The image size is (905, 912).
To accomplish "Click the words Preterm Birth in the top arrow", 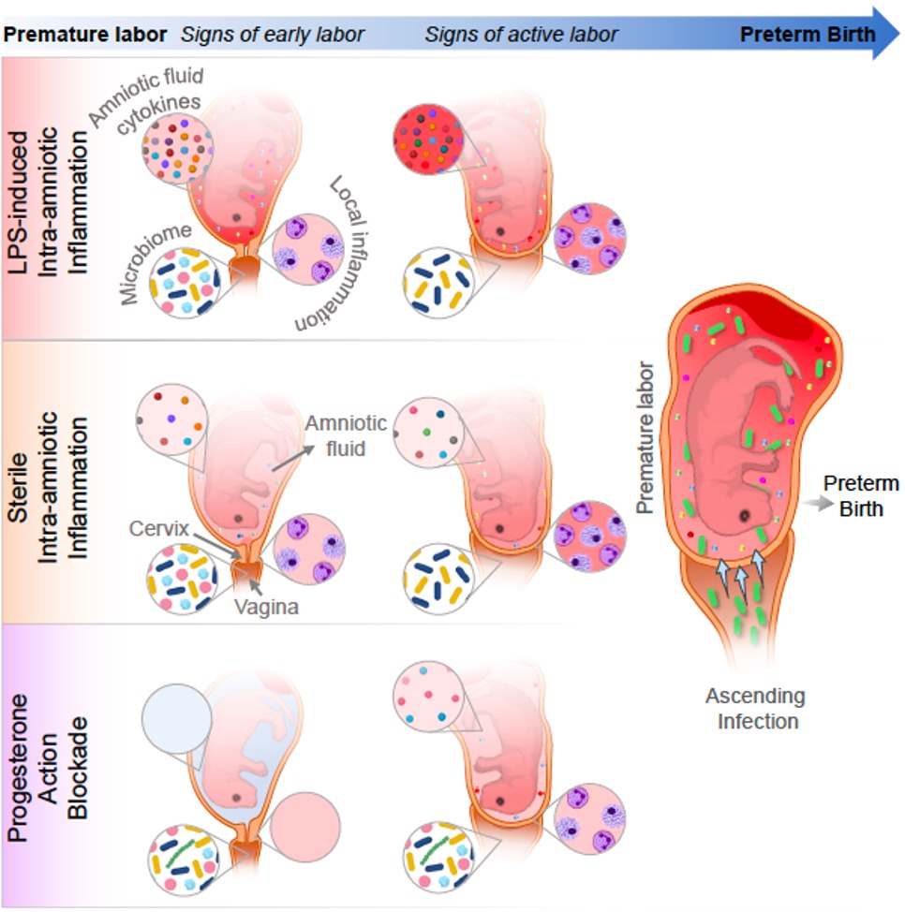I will (808, 35).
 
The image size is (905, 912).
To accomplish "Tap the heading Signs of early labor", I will (273, 35).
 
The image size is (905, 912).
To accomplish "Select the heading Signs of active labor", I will (521, 35).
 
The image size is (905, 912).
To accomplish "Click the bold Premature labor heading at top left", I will (85, 35).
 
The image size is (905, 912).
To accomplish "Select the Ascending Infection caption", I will (755, 709).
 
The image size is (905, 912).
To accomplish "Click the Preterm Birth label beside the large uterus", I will (861, 493).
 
